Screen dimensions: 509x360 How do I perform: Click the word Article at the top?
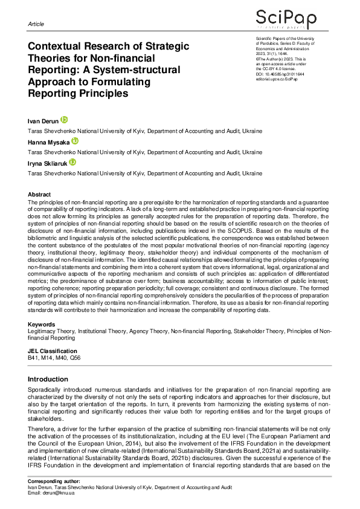pyautogui.click(x=36, y=24)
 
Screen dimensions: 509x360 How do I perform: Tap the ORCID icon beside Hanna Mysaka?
pyautogui.click(x=75, y=141)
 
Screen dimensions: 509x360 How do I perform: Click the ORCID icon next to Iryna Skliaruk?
pyautogui.click(x=72, y=162)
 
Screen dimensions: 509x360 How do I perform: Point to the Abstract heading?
pyautogui.click(x=39, y=194)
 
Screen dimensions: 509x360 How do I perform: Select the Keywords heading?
pyautogui.click(x=42, y=325)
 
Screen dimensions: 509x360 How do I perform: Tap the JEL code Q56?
pyautogui.click(x=74, y=358)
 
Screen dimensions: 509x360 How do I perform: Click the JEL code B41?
pyautogui.click(x=34, y=358)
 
